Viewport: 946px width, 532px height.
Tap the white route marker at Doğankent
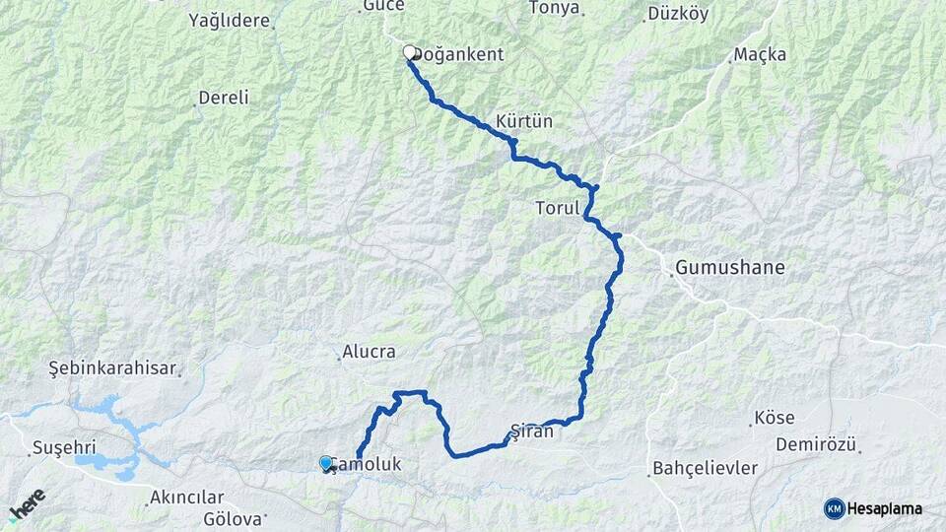tap(410, 52)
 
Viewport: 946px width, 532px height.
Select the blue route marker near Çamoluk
tap(326, 462)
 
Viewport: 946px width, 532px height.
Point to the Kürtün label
tap(524, 121)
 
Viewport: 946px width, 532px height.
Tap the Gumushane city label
tap(730, 267)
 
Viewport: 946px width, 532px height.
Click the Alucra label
tap(369, 352)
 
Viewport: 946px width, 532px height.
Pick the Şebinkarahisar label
tap(112, 368)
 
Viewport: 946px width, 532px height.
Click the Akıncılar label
tap(187, 498)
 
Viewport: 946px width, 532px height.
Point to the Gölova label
tap(234, 518)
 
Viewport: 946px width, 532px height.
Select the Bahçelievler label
tap(705, 468)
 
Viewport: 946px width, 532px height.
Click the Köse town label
tap(774, 418)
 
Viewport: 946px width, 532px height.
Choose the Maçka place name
tap(760, 55)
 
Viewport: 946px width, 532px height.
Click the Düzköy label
tap(677, 15)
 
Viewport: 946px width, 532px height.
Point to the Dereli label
tap(224, 98)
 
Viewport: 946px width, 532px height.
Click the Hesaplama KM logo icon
tap(835, 508)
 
